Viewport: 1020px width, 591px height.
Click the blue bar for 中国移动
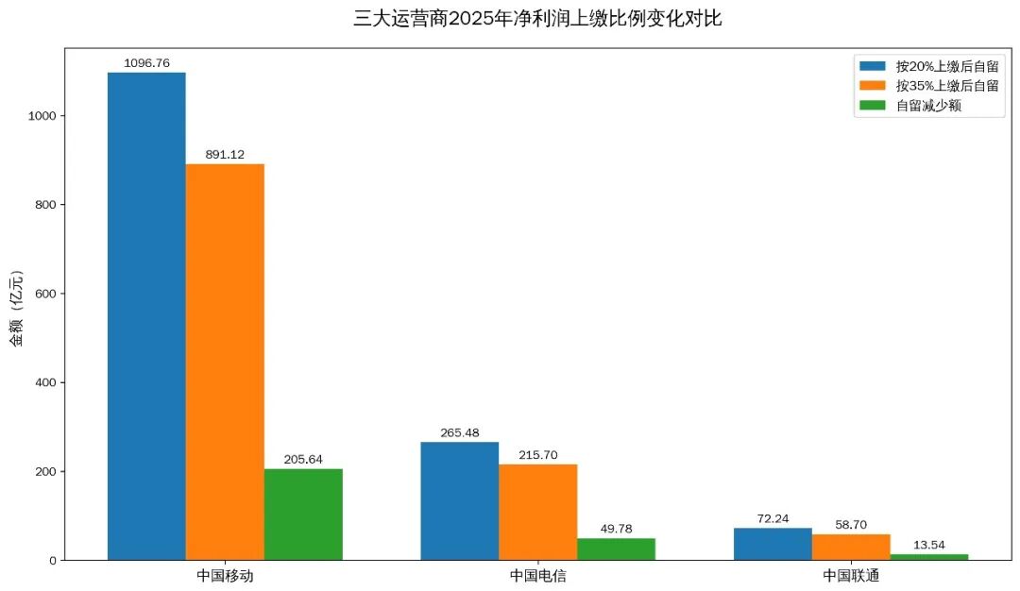pos(146,316)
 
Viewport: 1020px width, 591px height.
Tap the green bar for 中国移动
pos(303,514)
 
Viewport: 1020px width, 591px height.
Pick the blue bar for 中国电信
pos(459,500)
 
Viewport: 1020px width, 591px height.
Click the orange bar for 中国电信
pos(537,512)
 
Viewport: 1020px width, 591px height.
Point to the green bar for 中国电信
pos(616,549)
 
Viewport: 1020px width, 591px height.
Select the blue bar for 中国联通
pos(772,544)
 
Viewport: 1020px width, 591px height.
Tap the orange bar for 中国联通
pos(850,547)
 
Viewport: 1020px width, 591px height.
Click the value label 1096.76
pos(146,63)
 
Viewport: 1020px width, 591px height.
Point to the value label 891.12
pos(225,155)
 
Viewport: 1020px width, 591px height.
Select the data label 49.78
pos(616,529)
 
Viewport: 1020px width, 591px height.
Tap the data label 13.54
pos(928,545)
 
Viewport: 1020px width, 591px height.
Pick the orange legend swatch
pos(873,86)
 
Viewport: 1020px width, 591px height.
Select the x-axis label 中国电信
pos(537,575)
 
